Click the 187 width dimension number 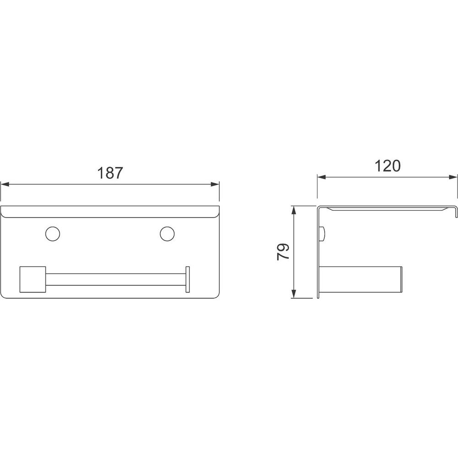pos(110,173)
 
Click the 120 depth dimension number pos(387,166)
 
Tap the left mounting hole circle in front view pos(53,234)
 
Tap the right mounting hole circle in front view pos(167,234)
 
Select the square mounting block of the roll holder pos(33,279)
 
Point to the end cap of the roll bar pos(187,279)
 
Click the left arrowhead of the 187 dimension pos(5,184)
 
